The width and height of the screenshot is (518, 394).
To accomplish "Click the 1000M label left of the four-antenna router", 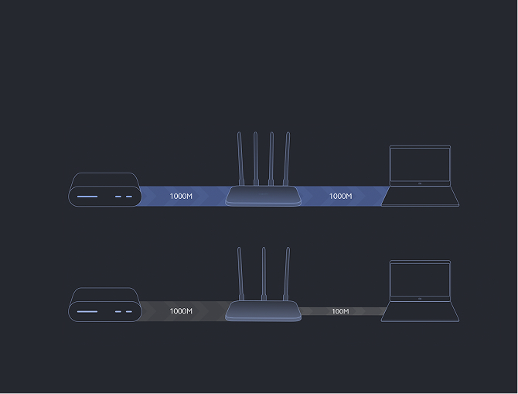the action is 181,196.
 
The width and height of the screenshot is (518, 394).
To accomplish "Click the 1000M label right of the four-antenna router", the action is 341,196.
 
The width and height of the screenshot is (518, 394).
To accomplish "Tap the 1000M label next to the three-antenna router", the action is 181,311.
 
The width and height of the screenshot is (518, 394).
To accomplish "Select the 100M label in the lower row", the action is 340,311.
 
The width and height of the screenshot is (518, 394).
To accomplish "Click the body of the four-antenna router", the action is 264,196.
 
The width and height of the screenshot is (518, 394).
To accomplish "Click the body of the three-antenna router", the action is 264,310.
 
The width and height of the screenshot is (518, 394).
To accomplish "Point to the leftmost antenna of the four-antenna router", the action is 240,159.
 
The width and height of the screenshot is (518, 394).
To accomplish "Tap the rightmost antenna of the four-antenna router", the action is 286,159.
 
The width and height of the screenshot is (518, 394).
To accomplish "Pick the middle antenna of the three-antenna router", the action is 264,274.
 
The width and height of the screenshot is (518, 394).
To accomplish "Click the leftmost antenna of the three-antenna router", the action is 240,274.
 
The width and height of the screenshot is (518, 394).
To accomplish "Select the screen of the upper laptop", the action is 420,164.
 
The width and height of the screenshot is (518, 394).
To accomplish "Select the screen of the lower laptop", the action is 420,280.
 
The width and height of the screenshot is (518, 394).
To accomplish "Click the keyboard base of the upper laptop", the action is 420,196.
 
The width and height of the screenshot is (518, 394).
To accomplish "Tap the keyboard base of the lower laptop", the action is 420,311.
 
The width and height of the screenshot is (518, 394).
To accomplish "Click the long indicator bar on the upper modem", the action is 87,197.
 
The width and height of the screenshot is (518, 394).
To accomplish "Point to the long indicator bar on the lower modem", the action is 87,312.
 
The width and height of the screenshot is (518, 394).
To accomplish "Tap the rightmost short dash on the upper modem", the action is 129,197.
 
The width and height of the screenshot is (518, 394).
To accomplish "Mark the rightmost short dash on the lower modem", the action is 129,312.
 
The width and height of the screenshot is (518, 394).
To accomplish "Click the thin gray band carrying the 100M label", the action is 343,311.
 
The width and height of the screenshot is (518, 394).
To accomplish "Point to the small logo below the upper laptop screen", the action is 420,183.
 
